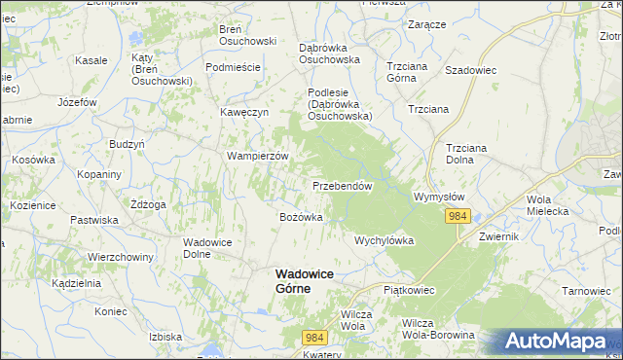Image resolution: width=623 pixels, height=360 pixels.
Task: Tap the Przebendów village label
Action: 343,185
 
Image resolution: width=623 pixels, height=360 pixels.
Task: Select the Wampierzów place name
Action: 258,156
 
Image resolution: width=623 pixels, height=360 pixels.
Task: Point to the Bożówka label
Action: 301,217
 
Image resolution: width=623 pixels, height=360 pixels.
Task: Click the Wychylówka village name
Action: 385,239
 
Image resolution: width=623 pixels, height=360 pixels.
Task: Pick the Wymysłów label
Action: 442,196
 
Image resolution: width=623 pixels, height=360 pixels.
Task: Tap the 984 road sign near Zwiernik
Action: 459,217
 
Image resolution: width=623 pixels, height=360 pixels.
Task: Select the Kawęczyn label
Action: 243,112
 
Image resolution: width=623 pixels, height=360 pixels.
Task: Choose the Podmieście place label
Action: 233,66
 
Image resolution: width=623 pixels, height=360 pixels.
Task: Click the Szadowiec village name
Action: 471,70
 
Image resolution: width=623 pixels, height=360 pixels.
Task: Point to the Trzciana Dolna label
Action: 471,154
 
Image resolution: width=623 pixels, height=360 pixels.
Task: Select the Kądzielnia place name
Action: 77,283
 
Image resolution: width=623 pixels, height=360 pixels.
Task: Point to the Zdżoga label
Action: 148,204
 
